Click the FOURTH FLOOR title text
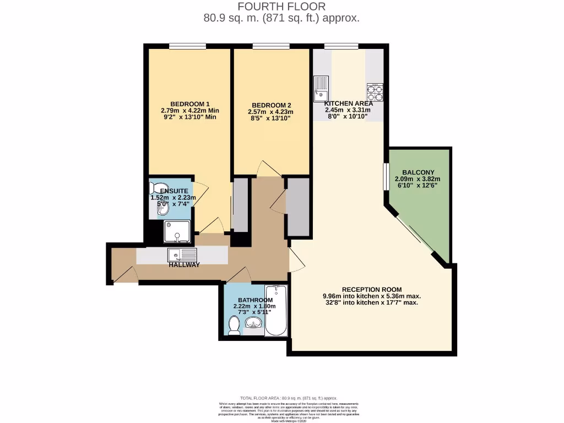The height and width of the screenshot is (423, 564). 281,7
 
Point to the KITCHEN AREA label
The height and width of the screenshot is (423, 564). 348,104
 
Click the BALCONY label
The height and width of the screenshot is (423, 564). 417,172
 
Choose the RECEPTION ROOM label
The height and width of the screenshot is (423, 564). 371,290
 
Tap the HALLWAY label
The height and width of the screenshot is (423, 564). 184,265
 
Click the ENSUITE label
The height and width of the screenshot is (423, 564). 173,191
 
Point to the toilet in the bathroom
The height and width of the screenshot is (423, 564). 234,327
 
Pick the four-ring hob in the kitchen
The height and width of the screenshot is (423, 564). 375,90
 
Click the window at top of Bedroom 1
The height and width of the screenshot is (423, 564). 187,46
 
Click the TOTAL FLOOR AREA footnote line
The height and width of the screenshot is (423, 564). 281,398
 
